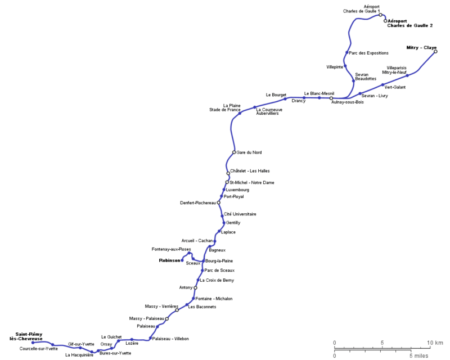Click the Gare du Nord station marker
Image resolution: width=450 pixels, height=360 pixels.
point(234,152)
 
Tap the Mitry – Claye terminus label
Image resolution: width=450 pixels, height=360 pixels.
point(421,47)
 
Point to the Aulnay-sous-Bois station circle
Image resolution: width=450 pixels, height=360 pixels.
point(331,98)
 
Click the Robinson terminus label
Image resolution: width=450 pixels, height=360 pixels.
point(169,260)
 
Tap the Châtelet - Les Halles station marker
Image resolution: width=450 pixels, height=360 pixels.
point(228,173)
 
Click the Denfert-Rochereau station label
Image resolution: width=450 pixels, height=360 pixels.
point(197,202)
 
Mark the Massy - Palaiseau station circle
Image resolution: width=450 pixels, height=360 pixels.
point(167,319)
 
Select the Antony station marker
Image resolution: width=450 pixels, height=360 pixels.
point(196,287)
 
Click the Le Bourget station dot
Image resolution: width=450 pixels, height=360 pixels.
point(285,99)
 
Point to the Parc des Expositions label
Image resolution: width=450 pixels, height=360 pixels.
point(368,53)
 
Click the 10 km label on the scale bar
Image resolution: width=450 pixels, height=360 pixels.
point(435,343)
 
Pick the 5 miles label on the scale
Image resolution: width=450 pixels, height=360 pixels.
point(419,355)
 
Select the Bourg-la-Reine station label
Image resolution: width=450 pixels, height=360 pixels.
point(219,261)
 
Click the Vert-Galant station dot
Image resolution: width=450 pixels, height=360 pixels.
point(383,85)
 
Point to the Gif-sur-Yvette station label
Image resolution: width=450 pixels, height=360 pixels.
point(81,343)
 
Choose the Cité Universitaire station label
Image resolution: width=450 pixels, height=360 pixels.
point(240,214)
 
